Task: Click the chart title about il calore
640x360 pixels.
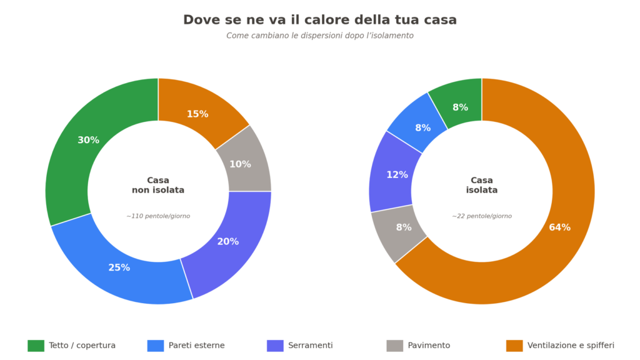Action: point(320,20)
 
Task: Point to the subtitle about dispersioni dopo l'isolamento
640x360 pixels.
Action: point(320,36)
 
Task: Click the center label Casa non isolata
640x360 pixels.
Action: point(158,185)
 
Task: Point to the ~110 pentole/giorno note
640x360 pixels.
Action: point(158,216)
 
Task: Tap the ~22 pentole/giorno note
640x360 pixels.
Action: point(482,216)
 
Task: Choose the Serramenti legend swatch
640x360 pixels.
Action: point(275,346)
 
